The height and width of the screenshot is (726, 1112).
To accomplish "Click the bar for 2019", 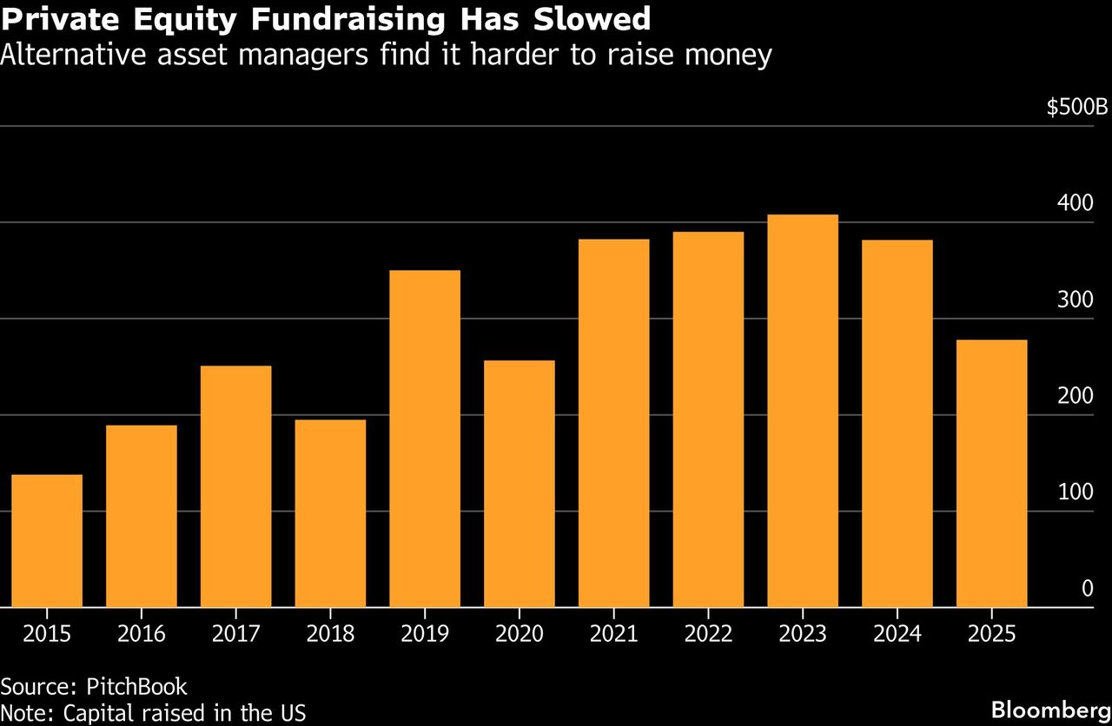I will (x=425, y=439).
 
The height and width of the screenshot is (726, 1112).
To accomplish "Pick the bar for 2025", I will (x=991, y=473).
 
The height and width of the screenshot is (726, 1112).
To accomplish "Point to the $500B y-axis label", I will (x=1076, y=108).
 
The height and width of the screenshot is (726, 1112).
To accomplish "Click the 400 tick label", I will (x=1076, y=203).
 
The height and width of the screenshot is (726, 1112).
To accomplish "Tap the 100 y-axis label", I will (x=1076, y=492).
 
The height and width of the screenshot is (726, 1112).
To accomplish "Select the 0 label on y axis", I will (x=1087, y=589).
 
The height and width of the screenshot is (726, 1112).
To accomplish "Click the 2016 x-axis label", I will (x=141, y=634).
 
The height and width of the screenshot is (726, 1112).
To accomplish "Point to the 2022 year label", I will (x=708, y=634).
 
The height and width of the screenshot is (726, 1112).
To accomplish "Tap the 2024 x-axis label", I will (x=897, y=634).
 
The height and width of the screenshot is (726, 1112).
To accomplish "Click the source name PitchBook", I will (x=137, y=686).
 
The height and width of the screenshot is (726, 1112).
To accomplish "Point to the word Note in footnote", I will (x=23, y=713).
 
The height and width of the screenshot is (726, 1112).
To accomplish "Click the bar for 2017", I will (x=235, y=486).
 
